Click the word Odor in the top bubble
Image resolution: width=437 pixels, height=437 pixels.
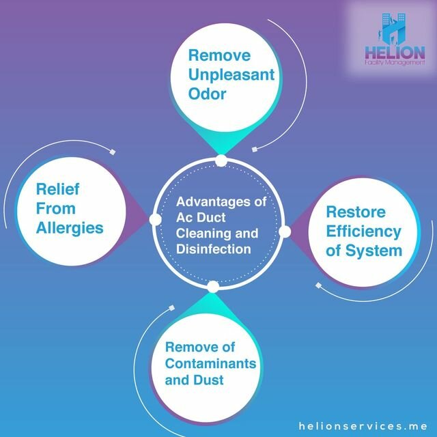click(x=208, y=94)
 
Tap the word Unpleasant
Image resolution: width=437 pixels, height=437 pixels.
click(x=223, y=74)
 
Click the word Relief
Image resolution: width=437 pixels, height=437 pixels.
click(x=57, y=188)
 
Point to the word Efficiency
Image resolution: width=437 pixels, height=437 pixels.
click(x=363, y=231)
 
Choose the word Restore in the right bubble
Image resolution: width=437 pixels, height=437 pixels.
click(x=356, y=212)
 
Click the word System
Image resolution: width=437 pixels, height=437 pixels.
click(x=373, y=251)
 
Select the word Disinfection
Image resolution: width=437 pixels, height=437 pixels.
click(x=213, y=249)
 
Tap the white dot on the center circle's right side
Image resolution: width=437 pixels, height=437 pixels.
click(x=285, y=231)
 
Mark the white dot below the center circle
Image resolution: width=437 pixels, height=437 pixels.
click(x=213, y=286)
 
